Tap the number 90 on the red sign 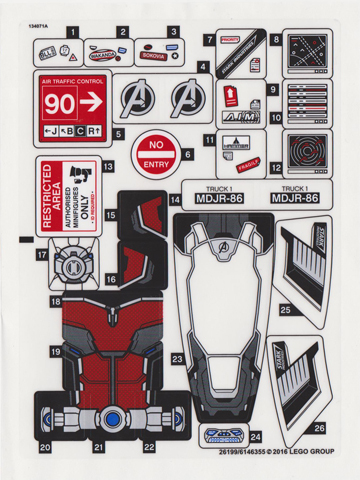click(60, 102)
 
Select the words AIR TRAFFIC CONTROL click(73, 78)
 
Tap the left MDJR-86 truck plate click(220, 197)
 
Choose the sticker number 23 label click(176, 357)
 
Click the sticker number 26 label click(318, 428)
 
